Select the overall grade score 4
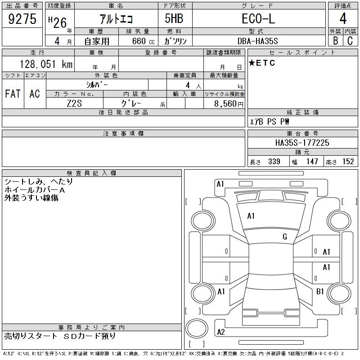point(343,19)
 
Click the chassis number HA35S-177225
point(302,143)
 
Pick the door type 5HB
point(174,20)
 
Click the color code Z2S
point(74,103)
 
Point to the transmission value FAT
point(13,94)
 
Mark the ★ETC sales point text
point(262,63)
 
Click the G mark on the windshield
point(285,237)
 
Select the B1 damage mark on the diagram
point(320,292)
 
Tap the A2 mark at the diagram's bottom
point(221,332)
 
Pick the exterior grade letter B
point(335,41)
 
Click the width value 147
point(311,162)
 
